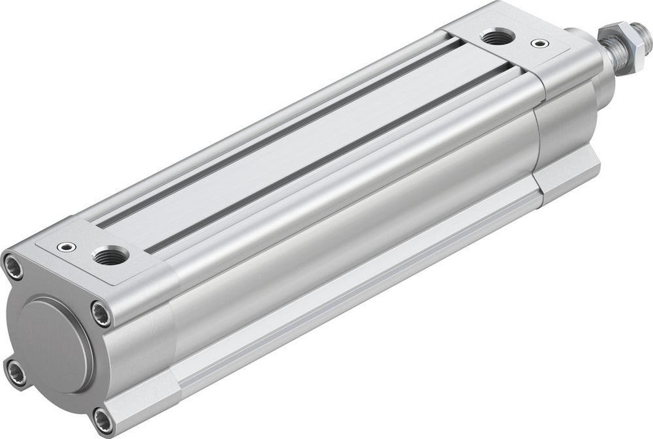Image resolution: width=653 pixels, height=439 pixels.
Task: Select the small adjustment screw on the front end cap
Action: coord(537,44)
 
